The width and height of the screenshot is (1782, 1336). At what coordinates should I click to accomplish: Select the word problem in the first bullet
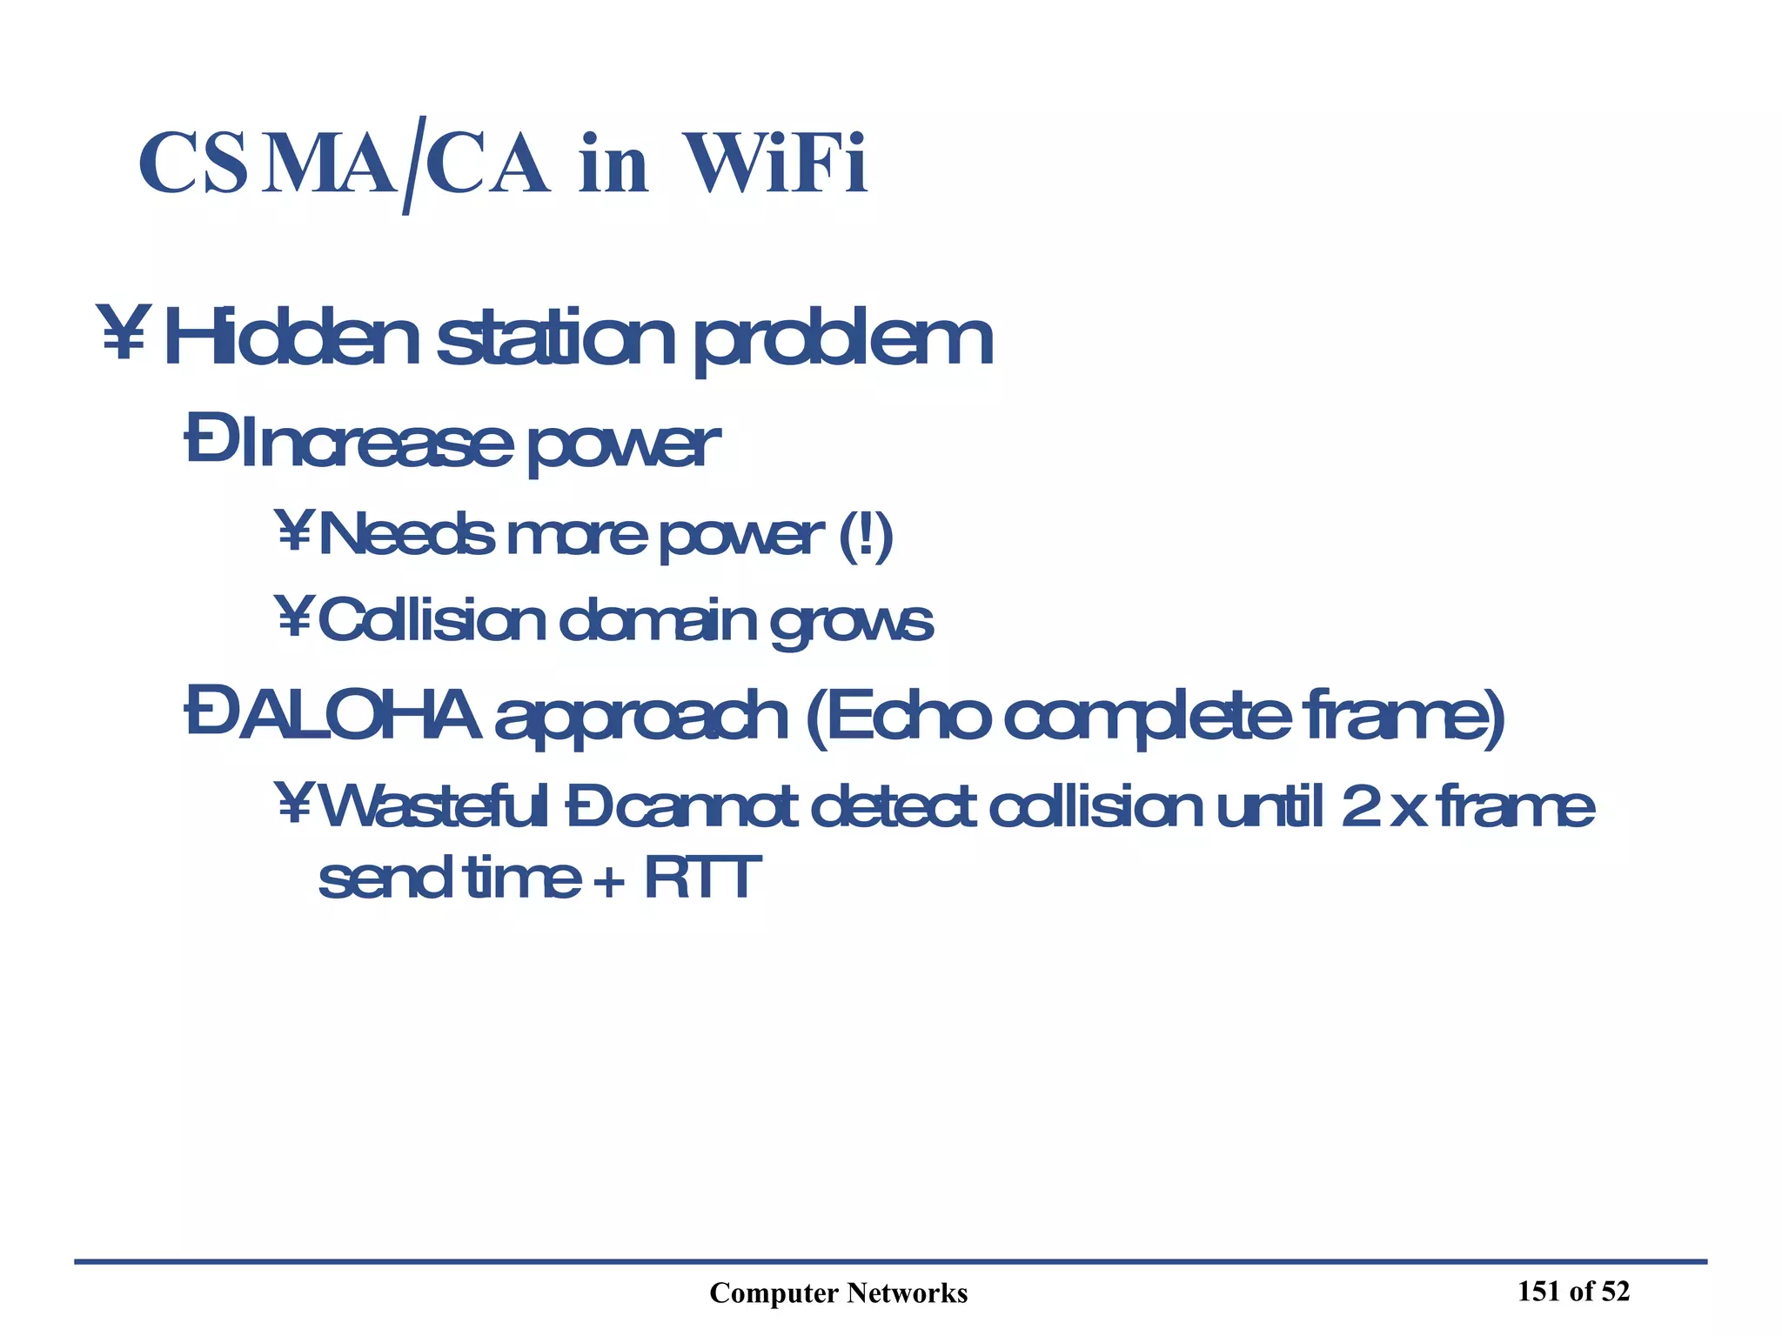point(842,341)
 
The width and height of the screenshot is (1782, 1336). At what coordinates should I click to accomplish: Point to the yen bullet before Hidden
point(123,331)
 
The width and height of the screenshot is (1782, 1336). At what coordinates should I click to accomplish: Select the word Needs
point(407,534)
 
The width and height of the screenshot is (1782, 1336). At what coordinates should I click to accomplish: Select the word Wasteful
point(434,806)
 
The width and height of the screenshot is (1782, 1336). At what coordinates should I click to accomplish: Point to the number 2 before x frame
point(1359,807)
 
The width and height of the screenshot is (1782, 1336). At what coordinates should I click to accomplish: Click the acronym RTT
point(702,878)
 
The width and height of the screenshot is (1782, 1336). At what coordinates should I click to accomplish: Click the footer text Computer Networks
point(838,1293)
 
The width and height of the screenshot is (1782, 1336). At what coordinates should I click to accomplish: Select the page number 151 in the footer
point(1538,1292)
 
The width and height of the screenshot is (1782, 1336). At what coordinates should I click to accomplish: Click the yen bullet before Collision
point(293,617)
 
